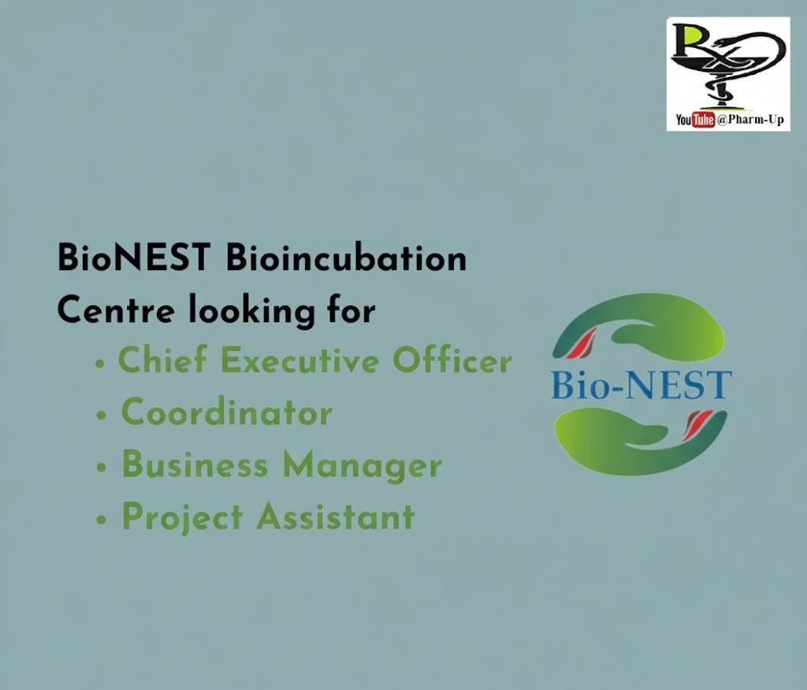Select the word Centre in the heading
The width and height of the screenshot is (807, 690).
(x=116, y=310)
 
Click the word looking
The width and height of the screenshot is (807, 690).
(x=251, y=311)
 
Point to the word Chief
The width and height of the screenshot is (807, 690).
(x=162, y=359)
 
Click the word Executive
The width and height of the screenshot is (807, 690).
(x=300, y=360)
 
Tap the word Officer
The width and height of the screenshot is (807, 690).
(x=452, y=359)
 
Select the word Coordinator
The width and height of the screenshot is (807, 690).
(x=227, y=412)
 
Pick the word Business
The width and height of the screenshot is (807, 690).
(x=195, y=464)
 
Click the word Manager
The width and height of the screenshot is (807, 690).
(x=363, y=466)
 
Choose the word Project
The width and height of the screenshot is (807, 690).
(x=183, y=518)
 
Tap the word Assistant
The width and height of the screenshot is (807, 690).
(x=336, y=516)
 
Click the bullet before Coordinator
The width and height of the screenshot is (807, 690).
(x=101, y=415)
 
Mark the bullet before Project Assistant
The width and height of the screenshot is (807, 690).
(x=101, y=519)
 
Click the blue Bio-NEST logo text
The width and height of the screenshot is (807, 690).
(x=642, y=384)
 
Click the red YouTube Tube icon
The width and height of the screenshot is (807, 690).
(x=703, y=120)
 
